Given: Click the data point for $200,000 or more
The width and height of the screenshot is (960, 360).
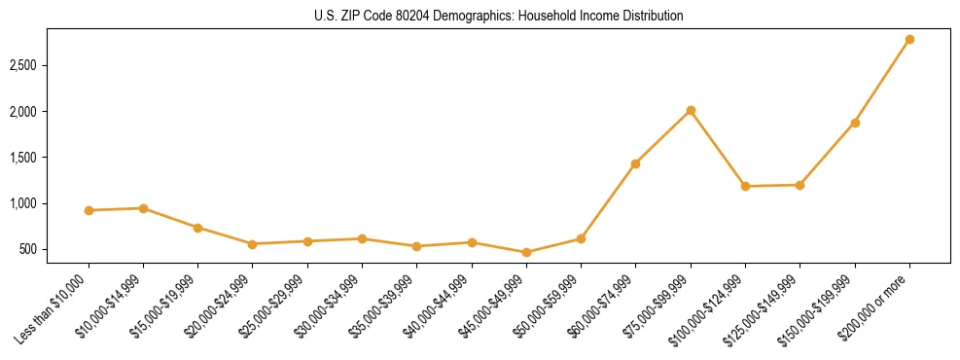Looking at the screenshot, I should click(909, 40).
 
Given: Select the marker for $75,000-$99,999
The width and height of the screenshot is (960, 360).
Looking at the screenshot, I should click(691, 111).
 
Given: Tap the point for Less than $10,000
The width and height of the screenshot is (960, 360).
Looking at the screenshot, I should click(89, 210).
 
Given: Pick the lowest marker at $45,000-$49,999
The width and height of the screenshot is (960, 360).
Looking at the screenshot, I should click(526, 252).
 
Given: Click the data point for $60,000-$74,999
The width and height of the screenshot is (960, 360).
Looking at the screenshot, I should click(635, 163).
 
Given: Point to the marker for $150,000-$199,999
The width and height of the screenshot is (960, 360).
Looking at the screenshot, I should click(855, 123).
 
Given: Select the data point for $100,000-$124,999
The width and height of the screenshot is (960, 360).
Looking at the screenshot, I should click(745, 186).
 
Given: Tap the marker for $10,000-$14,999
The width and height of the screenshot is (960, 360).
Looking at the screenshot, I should click(143, 208).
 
